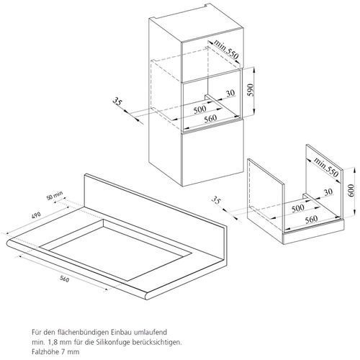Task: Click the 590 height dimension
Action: (x=251, y=90)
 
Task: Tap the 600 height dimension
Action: (x=351, y=190)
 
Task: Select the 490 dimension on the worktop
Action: (x=36, y=215)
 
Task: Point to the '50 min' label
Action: (x=55, y=195)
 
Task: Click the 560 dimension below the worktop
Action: (x=64, y=279)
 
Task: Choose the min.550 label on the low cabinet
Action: (x=326, y=168)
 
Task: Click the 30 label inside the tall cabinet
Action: (x=230, y=93)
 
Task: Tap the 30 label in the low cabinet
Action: (x=328, y=192)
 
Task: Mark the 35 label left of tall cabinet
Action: (x=117, y=101)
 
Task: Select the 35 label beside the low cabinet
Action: (x=216, y=199)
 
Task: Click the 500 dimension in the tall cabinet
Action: (x=200, y=109)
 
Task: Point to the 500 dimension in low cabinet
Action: (x=298, y=208)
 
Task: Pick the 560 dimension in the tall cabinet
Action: (x=210, y=119)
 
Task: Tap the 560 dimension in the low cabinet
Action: (x=311, y=220)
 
